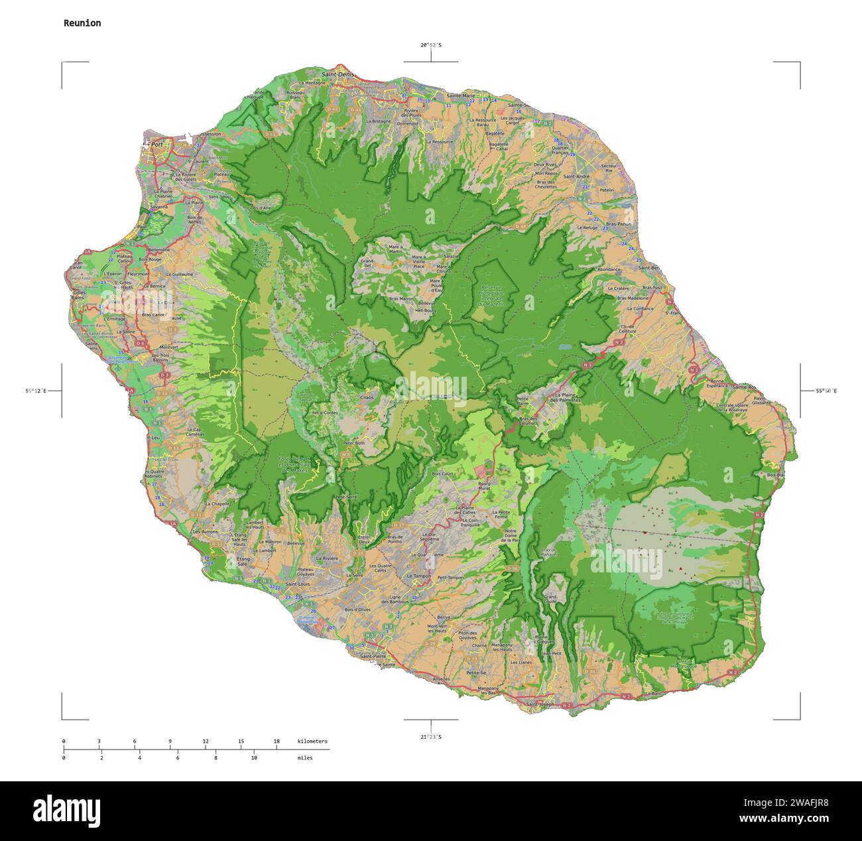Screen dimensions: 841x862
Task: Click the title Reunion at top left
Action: (x=82, y=23)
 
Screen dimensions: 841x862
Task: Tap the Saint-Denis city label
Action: (x=338, y=74)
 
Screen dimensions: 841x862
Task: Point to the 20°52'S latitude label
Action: (x=430, y=45)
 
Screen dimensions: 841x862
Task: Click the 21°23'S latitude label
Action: (x=430, y=736)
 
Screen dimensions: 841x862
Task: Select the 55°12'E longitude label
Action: (x=35, y=391)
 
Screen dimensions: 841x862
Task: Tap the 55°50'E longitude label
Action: (x=826, y=391)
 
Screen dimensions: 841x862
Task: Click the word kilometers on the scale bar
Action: (x=312, y=741)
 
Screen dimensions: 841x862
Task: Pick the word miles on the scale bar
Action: (x=305, y=757)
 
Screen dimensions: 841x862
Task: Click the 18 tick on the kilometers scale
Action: (x=277, y=741)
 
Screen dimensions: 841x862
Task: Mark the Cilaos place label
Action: (x=367, y=397)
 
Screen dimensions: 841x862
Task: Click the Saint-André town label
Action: (x=576, y=176)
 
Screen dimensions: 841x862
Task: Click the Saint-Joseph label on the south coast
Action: (x=538, y=704)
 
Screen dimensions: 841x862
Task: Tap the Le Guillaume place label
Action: (x=179, y=273)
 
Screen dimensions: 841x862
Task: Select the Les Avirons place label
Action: (x=204, y=531)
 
